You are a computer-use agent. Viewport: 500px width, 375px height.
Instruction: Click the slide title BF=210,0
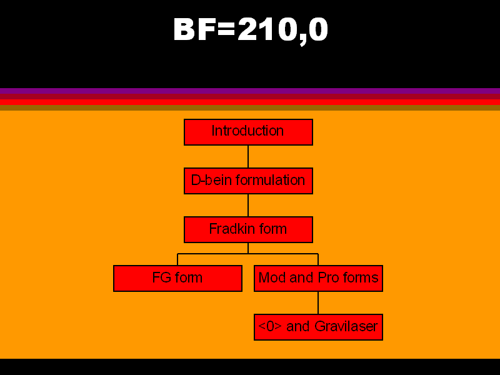point(251,31)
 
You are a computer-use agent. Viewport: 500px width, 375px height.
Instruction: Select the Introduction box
point(248,132)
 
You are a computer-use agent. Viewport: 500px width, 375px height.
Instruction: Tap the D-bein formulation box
point(248,181)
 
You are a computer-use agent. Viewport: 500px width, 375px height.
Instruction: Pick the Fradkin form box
point(248,229)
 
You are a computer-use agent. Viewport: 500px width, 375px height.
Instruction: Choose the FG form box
point(178,278)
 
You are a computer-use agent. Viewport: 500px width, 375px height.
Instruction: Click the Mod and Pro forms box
point(319,278)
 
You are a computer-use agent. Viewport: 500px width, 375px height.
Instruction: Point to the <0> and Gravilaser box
point(319,327)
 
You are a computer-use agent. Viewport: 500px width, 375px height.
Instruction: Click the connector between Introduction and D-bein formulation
point(248,157)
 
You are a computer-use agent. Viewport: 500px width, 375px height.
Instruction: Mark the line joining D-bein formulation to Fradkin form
point(248,206)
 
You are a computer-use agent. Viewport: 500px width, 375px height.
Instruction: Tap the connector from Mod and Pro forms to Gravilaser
point(318,303)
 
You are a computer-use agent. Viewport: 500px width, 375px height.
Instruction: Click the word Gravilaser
point(346,326)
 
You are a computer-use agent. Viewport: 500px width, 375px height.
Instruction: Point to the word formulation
point(271,180)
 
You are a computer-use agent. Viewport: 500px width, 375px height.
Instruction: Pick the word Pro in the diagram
point(329,277)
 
